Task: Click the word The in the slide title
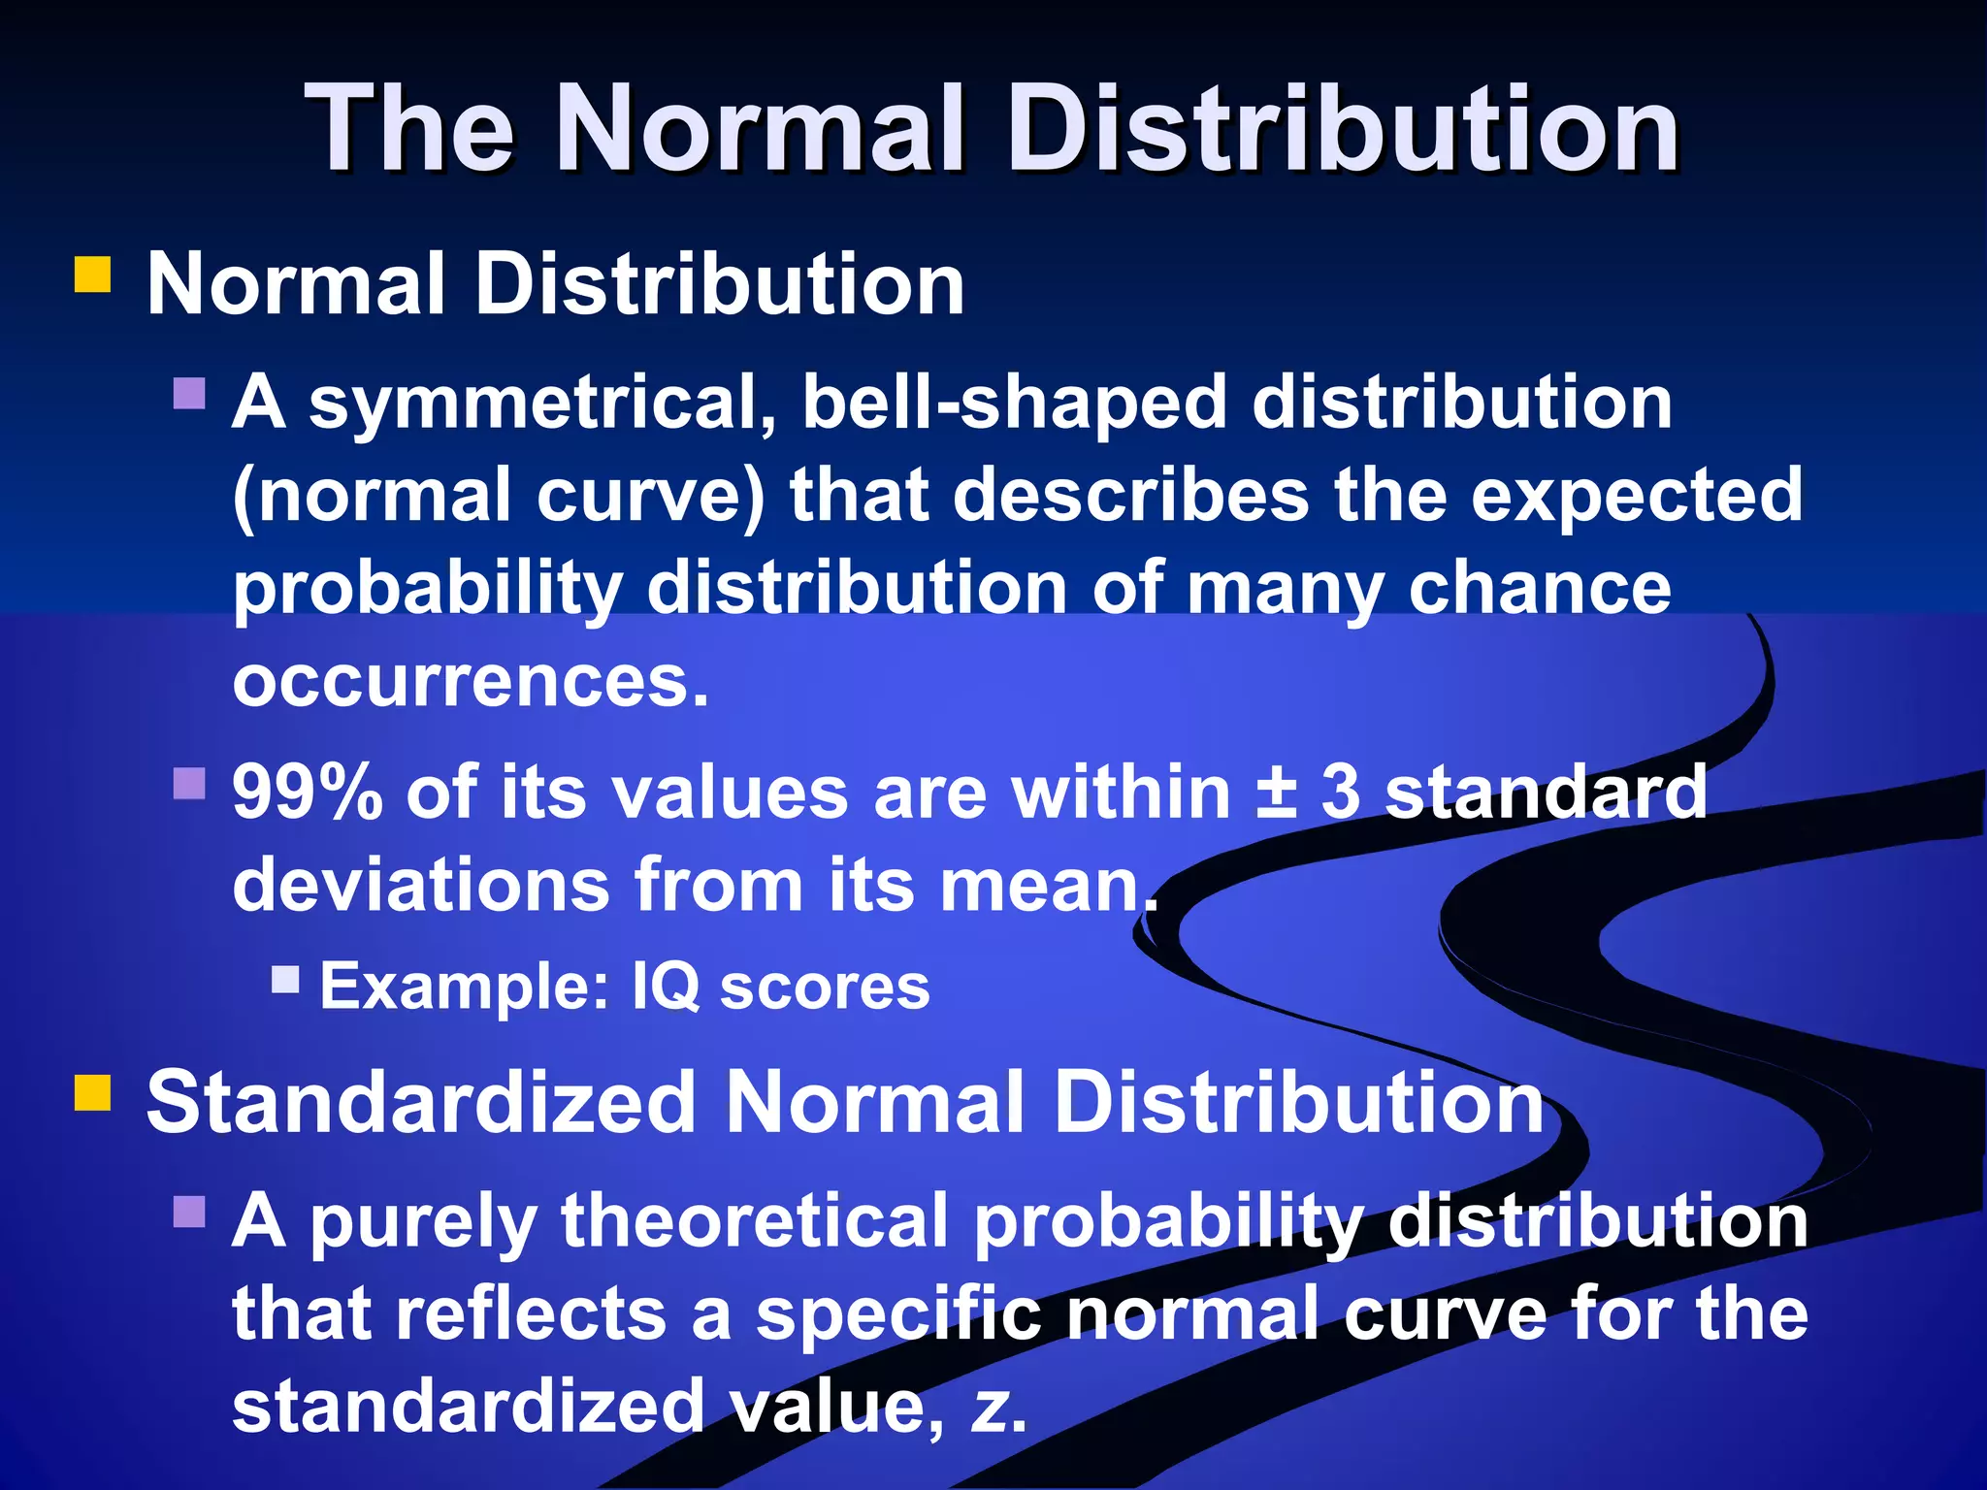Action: pos(409,128)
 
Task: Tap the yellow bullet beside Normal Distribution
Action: pos(93,274)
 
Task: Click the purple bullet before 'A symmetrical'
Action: pos(189,393)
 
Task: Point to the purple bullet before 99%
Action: pos(189,783)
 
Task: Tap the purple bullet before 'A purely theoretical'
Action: pos(189,1211)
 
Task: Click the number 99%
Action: pos(307,793)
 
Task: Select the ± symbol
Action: pos(1277,791)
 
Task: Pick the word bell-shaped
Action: pos(1015,404)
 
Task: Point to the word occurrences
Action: pos(471,681)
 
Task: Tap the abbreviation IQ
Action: pos(666,987)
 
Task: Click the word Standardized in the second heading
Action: pos(421,1102)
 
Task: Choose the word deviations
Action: pos(420,885)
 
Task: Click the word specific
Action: pos(898,1315)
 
